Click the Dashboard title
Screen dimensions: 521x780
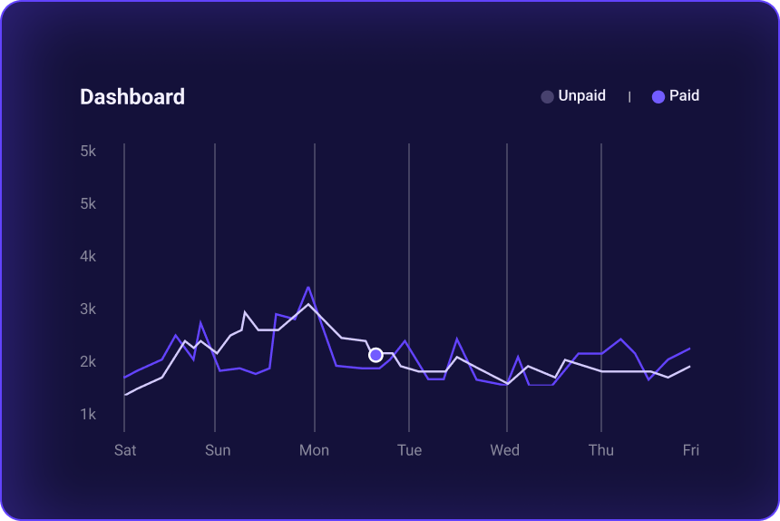tap(132, 97)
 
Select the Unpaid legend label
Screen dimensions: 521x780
tap(581, 95)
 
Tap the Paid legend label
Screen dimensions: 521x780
tap(684, 95)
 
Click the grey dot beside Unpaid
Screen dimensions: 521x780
tap(547, 96)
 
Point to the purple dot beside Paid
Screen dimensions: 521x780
tap(658, 96)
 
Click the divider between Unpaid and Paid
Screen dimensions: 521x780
tap(629, 96)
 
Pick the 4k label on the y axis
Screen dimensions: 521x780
tap(88, 256)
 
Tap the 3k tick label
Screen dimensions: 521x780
tap(88, 309)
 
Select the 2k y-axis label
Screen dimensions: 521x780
tap(88, 361)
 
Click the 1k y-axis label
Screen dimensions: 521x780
tap(88, 414)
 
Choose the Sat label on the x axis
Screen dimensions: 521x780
tap(125, 450)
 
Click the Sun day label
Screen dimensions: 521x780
tap(218, 450)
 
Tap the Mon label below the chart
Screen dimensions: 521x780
tap(314, 450)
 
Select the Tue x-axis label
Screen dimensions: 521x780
tap(409, 450)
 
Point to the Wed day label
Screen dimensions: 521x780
tap(504, 450)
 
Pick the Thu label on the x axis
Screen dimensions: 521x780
tap(600, 450)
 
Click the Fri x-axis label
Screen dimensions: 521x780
tap(691, 450)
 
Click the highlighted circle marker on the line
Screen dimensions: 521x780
tap(375, 355)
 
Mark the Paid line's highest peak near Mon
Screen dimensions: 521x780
tap(308, 288)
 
